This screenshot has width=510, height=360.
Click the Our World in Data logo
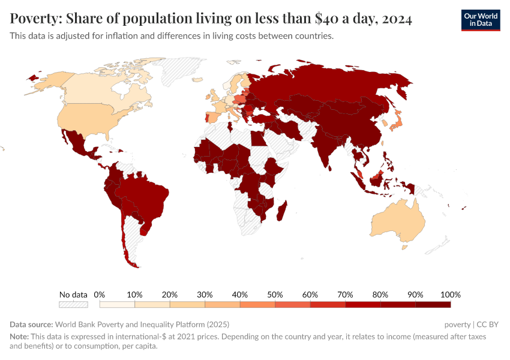click(x=480, y=20)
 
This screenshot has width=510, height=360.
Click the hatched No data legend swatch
click(x=73, y=305)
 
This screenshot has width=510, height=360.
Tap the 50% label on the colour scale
click(x=275, y=295)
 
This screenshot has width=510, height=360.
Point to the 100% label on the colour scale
click(x=450, y=295)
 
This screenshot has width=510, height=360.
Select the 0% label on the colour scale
click(x=100, y=295)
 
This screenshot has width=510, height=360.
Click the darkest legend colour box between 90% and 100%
click(x=433, y=305)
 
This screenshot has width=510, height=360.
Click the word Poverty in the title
click(x=35, y=19)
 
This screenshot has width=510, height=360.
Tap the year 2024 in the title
click(x=396, y=19)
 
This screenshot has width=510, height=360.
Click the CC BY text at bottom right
click(x=488, y=324)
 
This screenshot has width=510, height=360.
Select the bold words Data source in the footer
click(x=31, y=324)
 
